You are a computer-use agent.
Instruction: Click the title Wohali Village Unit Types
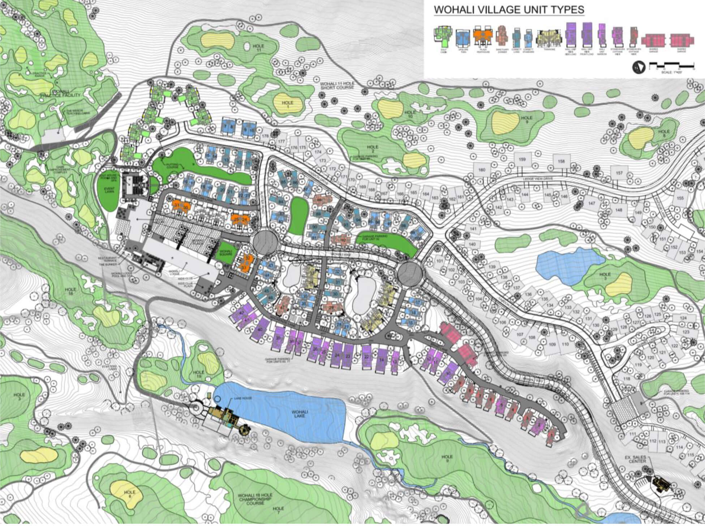point(508,10)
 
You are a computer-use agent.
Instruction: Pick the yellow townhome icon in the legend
point(549,37)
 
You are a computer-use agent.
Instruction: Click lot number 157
point(619,173)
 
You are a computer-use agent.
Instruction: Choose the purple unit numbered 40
point(259,330)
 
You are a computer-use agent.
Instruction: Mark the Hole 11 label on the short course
point(259,48)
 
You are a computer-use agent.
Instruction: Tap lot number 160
point(481,170)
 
